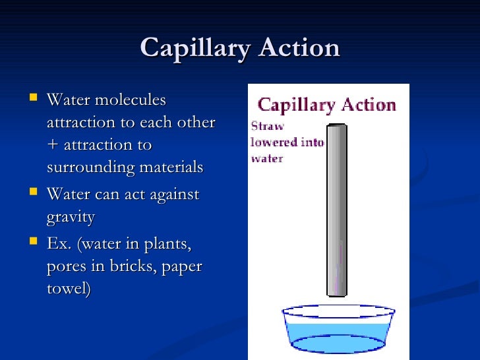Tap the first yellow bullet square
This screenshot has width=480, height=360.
[x=33, y=100]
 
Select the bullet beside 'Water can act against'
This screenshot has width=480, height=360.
[x=33, y=194]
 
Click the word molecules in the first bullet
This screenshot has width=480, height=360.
[x=131, y=100]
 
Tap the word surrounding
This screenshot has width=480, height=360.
[x=91, y=167]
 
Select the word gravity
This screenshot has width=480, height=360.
[x=71, y=217]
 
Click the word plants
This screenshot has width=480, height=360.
[x=169, y=245]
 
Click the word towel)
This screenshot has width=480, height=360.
[x=69, y=289]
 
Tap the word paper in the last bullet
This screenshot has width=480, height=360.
[x=183, y=267]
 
